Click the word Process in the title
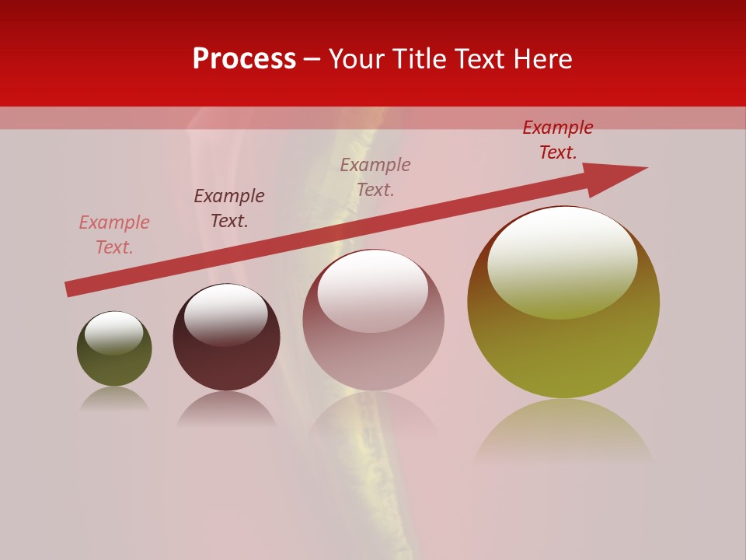244,59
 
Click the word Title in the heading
424,59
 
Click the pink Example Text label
114,235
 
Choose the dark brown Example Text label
229,208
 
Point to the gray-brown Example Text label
375,177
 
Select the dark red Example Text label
558,140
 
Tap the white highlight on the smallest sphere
114,332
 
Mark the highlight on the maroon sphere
226,313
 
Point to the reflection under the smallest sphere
114,398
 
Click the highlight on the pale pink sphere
373,290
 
